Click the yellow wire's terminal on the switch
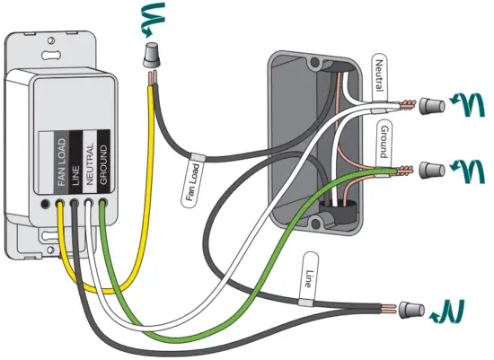point(59,205)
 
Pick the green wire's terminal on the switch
point(103,205)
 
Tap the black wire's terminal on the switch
point(74,205)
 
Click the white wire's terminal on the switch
point(89,205)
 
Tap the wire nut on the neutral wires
point(436,107)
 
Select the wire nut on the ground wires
point(436,169)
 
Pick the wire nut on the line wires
point(410,311)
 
